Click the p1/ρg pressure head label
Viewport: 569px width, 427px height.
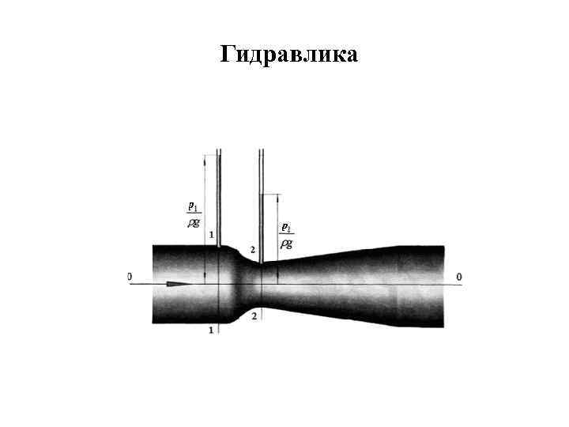click(193, 214)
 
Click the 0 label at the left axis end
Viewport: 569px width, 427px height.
click(129, 277)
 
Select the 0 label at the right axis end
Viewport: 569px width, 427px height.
click(458, 277)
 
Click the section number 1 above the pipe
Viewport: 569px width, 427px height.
click(211, 235)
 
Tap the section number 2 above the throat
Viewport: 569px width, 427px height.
click(252, 250)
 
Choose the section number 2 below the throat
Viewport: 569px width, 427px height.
click(253, 316)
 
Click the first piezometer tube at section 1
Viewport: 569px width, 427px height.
click(219, 198)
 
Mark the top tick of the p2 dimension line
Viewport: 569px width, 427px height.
click(278, 195)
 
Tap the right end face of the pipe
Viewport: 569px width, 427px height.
click(443, 285)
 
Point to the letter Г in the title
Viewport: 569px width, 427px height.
click(226, 55)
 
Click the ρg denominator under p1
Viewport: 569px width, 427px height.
click(193, 223)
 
